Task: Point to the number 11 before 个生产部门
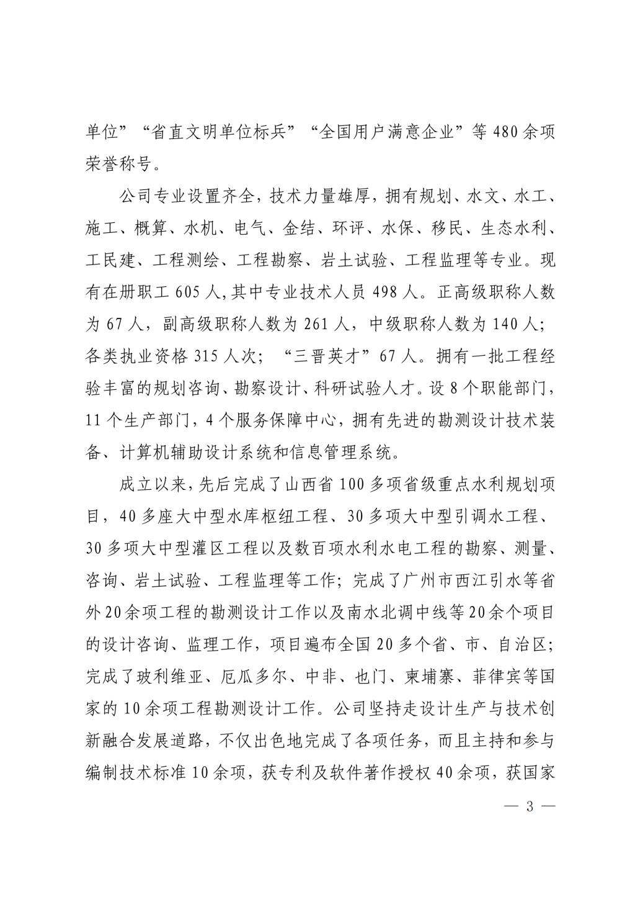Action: [95, 419]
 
